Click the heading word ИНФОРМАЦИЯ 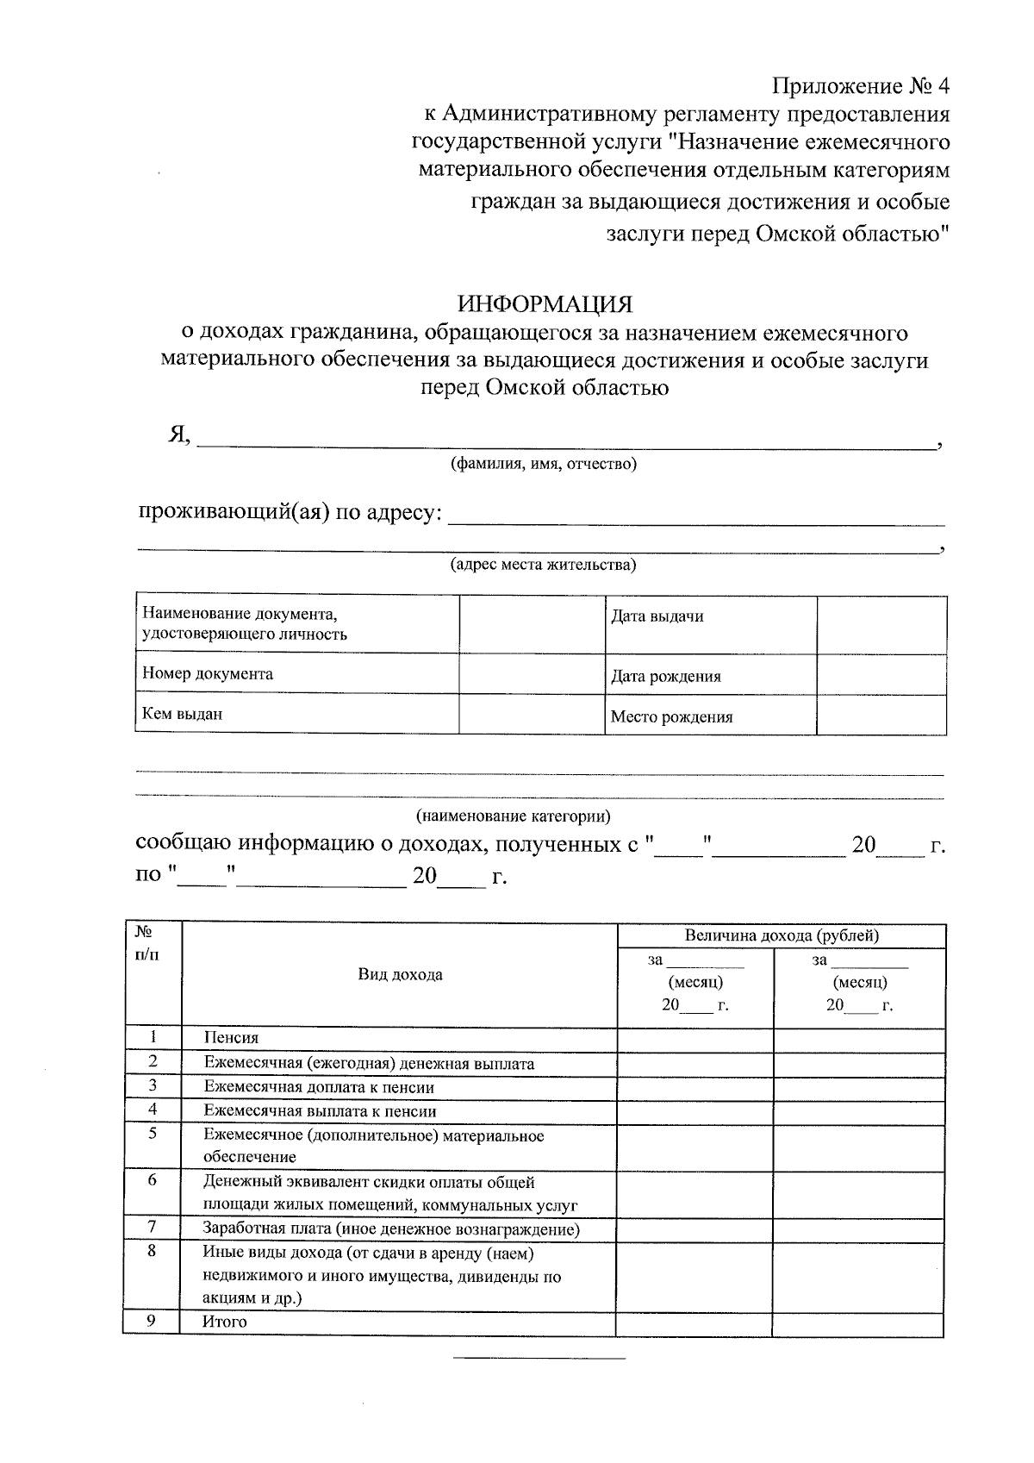tap(545, 304)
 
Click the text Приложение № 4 tap(861, 86)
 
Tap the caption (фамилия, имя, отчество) tap(544, 465)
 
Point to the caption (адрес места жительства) tap(544, 566)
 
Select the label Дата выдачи tap(657, 616)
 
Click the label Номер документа tap(208, 674)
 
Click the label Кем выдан tap(182, 714)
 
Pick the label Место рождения tap(671, 716)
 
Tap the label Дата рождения tap(665, 677)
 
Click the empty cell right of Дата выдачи tap(881, 625)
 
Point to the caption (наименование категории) tap(514, 816)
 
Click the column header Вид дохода tap(400, 975)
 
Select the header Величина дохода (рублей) tap(782, 935)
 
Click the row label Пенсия tap(231, 1038)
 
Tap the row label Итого tap(224, 1322)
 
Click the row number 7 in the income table tap(152, 1227)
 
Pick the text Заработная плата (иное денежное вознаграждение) tap(391, 1229)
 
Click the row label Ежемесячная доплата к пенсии tap(319, 1088)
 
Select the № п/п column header tap(146, 943)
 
